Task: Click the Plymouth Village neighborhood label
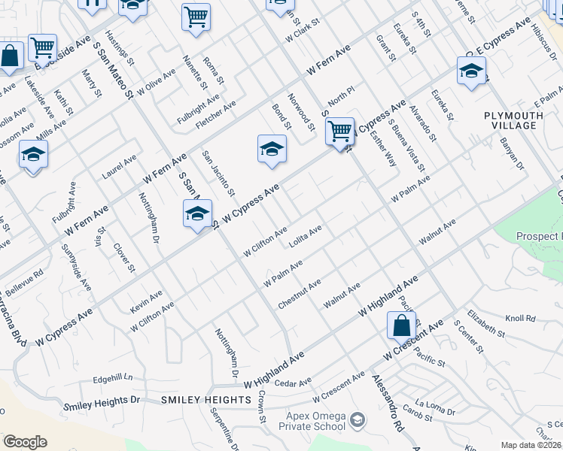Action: tap(513, 120)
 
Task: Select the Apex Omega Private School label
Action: tap(315, 422)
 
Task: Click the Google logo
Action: tap(25, 442)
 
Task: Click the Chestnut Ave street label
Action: tap(300, 292)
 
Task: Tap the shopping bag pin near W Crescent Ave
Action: tap(401, 327)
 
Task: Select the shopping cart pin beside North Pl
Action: tap(340, 132)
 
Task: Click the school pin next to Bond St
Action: tap(272, 150)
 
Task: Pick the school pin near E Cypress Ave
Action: tap(471, 71)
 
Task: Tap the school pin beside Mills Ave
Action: tap(33, 155)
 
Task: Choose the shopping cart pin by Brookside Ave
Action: tap(43, 47)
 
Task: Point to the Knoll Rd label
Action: tap(519, 318)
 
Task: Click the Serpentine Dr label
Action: tap(233, 429)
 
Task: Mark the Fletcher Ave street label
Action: tap(215, 114)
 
